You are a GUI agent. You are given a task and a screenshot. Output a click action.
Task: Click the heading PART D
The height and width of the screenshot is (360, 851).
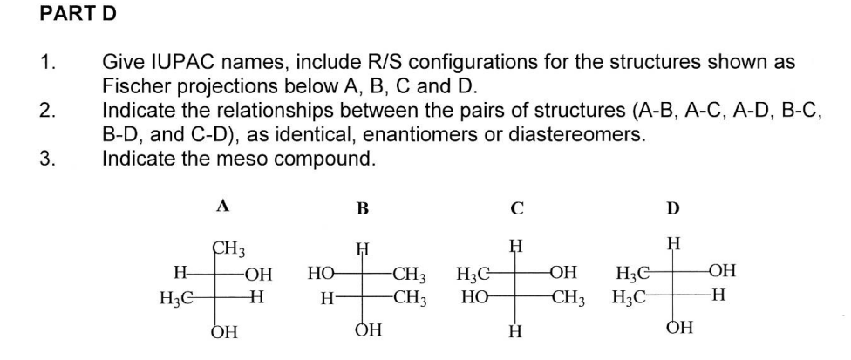tap(78, 15)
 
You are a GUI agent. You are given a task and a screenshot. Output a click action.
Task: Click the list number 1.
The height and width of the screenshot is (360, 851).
tap(48, 64)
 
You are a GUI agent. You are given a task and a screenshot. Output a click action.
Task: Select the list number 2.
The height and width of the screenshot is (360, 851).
tap(48, 112)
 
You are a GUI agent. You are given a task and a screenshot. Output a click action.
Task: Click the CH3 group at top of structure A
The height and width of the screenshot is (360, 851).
tap(228, 248)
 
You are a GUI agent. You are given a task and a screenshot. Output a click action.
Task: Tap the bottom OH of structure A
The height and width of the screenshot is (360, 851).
tap(224, 331)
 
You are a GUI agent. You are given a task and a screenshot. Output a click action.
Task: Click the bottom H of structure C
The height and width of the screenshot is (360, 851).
tap(516, 331)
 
